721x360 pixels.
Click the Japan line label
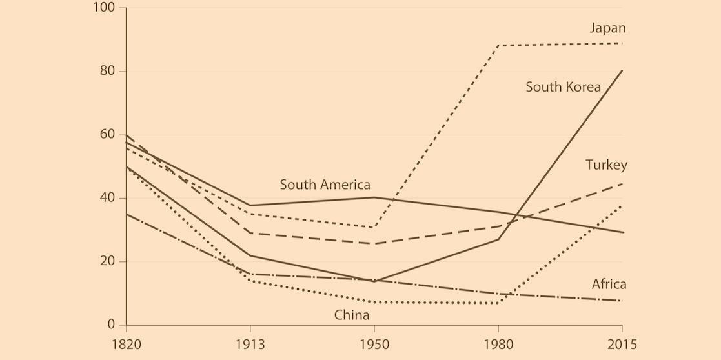[607, 28]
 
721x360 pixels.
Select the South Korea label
[563, 87]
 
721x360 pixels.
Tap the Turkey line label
[606, 165]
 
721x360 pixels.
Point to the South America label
[325, 185]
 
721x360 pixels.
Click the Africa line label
[609, 285]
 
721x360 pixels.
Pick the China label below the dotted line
[352, 315]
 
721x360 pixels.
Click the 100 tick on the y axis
[104, 8]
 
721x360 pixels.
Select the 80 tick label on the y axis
[107, 71]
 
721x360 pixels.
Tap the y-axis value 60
[107, 134]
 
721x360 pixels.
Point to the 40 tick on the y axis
[107, 198]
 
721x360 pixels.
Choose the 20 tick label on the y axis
[107, 261]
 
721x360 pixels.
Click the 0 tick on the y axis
[111, 325]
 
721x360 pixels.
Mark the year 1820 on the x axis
[126, 345]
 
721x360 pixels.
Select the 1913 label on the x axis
[250, 345]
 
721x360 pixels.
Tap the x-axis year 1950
[374, 345]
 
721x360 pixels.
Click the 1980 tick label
[498, 345]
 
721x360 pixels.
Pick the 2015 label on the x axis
[622, 345]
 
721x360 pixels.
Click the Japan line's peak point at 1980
[498, 46]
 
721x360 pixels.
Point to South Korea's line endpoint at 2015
[622, 70]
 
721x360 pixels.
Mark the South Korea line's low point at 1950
[374, 281]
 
